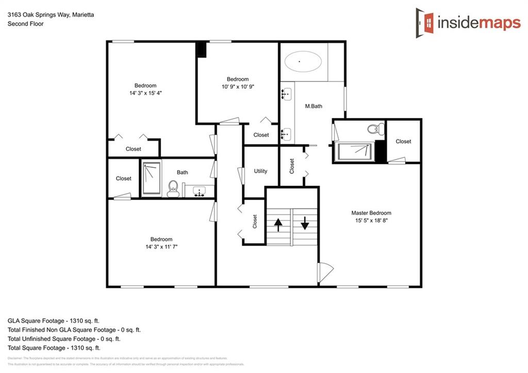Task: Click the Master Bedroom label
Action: [371, 213]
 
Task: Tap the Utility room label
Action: [260, 171]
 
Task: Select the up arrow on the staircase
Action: [278, 224]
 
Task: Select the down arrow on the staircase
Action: [304, 223]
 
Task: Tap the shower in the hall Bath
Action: [152, 179]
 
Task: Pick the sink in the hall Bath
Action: [199, 191]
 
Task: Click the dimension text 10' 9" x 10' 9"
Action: [238, 87]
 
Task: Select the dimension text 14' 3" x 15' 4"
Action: [145, 93]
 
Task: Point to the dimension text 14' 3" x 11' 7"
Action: [161, 247]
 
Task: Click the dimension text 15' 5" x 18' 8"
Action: [371, 220]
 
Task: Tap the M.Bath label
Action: [313, 106]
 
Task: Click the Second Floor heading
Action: [25, 24]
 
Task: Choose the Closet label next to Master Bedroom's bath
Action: [403, 141]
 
